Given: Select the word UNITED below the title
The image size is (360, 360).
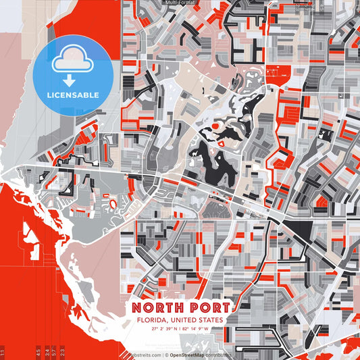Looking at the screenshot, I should click(x=182, y=320).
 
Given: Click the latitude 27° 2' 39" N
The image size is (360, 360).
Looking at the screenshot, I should click(x=161, y=330).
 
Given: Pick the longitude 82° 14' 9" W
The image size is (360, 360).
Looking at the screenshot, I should click(x=195, y=330).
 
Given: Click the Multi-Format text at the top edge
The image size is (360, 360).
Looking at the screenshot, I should click(x=180, y=3).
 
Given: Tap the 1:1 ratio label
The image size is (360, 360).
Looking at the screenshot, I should click(x=3, y=353).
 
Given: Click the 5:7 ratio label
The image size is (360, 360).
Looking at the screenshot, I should click(x=53, y=353).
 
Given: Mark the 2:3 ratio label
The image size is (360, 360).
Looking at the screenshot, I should click(x=63, y=353).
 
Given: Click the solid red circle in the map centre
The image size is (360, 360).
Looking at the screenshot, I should click(x=215, y=126).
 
